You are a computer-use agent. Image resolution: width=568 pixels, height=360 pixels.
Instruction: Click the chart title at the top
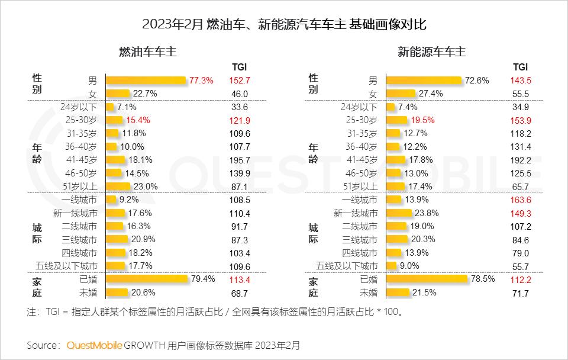[x=284, y=24]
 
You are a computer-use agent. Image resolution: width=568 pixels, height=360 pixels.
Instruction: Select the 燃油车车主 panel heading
[x=148, y=52]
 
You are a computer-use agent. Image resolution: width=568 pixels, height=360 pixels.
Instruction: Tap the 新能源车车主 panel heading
[x=431, y=52]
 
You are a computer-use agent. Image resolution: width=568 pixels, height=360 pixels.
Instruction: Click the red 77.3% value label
[x=202, y=80]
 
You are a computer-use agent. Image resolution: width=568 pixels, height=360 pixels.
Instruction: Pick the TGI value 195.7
[x=239, y=159]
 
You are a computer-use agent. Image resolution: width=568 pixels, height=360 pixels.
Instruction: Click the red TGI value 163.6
[x=521, y=200]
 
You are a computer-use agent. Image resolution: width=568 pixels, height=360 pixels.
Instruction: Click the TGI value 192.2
[x=521, y=159]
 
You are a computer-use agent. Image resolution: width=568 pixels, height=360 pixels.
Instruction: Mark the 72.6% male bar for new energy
[x=424, y=80]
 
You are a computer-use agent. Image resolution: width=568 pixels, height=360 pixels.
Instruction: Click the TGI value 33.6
[x=239, y=107]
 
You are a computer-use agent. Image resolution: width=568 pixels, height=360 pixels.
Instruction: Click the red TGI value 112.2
[x=521, y=279]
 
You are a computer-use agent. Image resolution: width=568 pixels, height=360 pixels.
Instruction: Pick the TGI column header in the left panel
[x=239, y=67]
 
